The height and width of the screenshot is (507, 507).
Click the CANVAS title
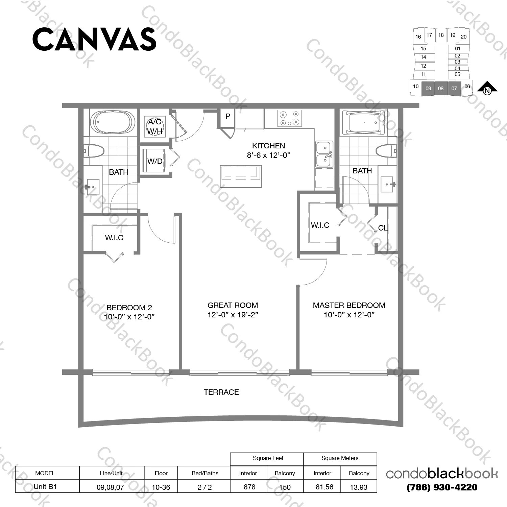pos(94,39)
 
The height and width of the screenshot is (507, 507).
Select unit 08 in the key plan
pos(441,89)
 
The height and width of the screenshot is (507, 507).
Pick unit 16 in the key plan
pos(418,37)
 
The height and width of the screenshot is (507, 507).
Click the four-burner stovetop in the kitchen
pos(289,118)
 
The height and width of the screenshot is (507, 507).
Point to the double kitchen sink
pos(324,154)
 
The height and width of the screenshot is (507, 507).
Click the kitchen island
pos(241,176)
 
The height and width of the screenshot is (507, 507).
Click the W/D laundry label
pos(155,161)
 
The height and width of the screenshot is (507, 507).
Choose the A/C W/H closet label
pos(155,126)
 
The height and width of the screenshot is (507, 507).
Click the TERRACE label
pos(221,392)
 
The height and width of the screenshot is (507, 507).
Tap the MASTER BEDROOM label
pos(349,305)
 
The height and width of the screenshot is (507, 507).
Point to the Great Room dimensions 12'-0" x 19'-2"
pos(233,315)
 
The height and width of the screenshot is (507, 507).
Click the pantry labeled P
pos(228,116)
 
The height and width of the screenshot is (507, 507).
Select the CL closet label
pos(383,228)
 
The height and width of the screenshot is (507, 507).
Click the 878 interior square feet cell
pos(249,487)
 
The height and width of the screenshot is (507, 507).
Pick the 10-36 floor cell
pos(161,487)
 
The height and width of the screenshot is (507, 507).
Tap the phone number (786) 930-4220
pos(442,487)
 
